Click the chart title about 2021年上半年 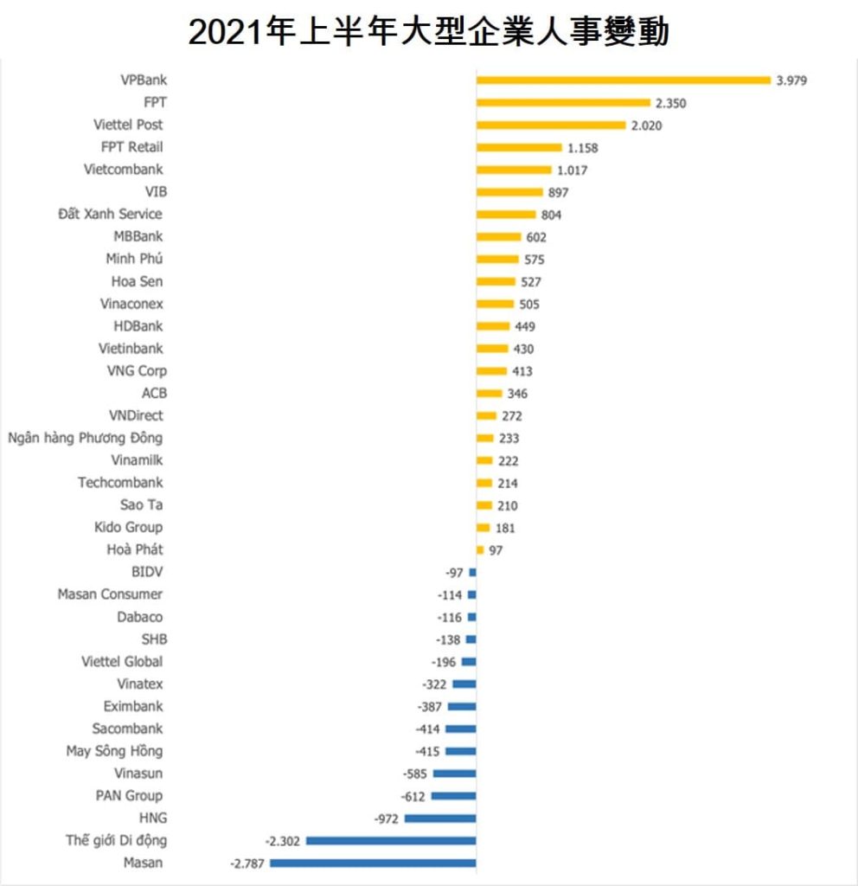coord(429,32)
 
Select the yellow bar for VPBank coord(623,80)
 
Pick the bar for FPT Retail coord(519,148)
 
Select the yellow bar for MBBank coord(499,237)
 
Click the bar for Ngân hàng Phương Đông coord(484,439)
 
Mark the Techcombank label coord(120,483)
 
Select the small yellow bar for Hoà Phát coord(480,550)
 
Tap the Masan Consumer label coord(110,594)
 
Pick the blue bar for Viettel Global coord(469,662)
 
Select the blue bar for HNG coord(440,819)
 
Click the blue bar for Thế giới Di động coord(391,841)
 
